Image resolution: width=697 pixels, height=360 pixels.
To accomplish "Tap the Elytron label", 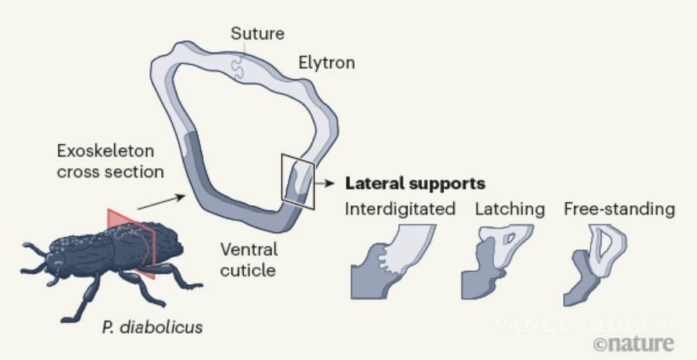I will [326, 63].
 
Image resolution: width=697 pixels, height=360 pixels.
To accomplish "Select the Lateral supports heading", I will [414, 184].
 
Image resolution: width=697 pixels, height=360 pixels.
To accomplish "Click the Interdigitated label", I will [400, 210].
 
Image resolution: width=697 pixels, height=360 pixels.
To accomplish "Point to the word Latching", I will [510, 210].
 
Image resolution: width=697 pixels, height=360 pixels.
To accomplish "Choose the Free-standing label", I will [619, 210].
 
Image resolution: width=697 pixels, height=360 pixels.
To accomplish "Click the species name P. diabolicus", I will [152, 327].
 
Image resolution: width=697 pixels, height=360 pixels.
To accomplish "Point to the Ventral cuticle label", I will [248, 261].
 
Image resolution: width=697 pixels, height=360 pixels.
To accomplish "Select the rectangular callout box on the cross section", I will [298, 181].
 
